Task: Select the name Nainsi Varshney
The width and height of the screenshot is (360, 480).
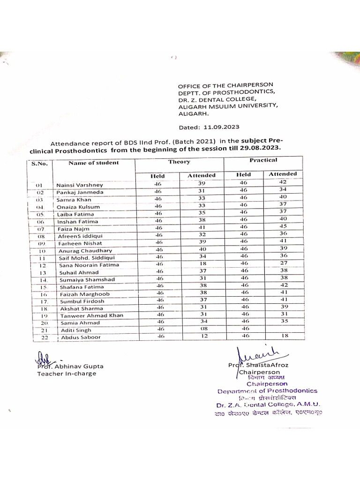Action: click(x=78, y=185)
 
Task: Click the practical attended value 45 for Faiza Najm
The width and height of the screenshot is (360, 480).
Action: click(x=283, y=226)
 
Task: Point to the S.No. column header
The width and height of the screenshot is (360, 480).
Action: click(x=39, y=163)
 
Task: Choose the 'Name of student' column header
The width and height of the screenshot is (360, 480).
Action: click(x=94, y=163)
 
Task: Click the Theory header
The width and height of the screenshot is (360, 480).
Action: click(x=179, y=162)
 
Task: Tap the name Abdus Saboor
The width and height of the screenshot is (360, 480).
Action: click(x=80, y=337)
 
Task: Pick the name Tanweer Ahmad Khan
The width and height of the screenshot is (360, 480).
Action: click(x=91, y=315)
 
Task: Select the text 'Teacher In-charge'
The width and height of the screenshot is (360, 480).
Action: click(x=67, y=374)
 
